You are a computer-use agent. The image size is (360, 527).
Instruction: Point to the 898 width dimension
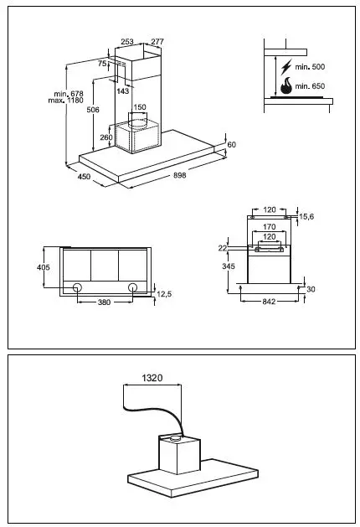179,175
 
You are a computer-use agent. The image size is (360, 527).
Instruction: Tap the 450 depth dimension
85,177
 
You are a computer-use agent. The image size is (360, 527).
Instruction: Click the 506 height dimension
94,110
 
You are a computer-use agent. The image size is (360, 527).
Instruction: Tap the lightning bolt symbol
285,66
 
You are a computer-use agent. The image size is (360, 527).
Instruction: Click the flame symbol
285,85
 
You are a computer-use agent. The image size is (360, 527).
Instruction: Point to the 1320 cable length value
152,378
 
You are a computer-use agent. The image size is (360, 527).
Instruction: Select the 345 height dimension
227,266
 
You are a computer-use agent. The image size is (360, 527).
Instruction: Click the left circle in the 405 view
77,288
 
